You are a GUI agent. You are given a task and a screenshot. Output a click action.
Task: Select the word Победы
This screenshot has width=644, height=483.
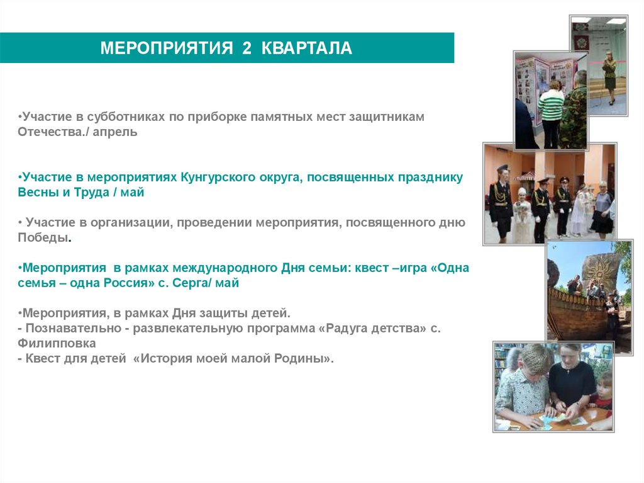(44, 238)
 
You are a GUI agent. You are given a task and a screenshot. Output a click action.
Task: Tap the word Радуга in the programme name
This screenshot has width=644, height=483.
(330, 328)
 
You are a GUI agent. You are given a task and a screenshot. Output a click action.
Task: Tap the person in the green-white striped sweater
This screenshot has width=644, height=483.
(550, 107)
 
